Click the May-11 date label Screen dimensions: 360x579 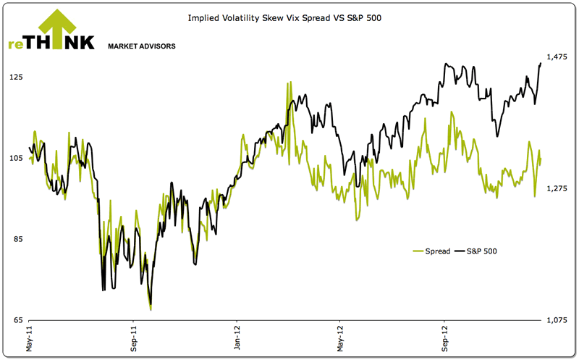click(30, 338)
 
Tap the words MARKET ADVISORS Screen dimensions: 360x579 click(141, 46)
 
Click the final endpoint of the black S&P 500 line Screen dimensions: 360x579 click(541, 63)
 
